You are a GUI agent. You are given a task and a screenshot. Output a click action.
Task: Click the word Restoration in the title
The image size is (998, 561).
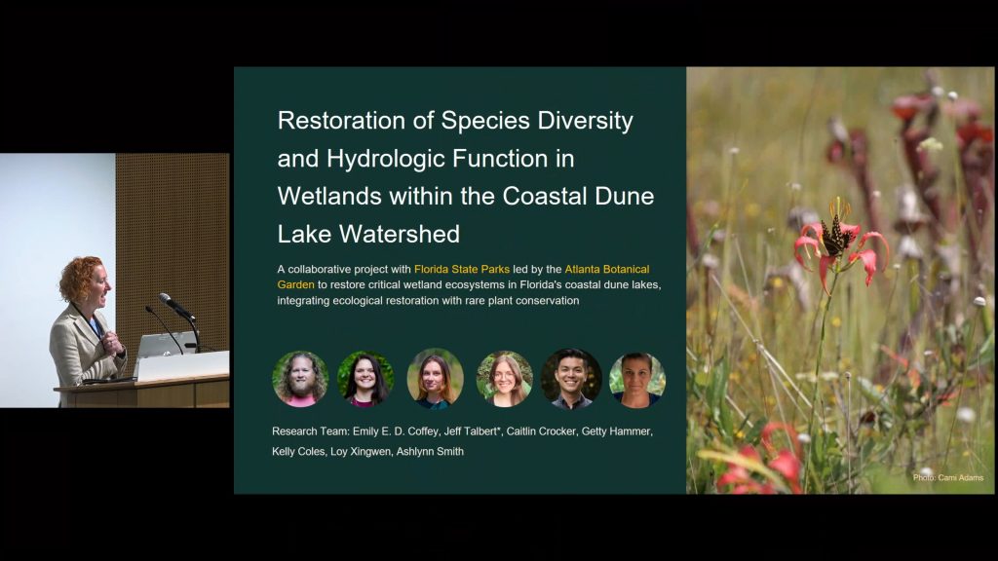pos(341,120)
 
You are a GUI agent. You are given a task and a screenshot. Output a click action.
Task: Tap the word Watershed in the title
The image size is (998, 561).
pos(399,234)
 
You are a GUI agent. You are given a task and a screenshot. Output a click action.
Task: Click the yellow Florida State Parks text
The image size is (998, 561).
pos(461,269)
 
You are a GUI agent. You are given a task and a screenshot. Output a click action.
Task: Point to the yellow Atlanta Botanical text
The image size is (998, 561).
pos(606,269)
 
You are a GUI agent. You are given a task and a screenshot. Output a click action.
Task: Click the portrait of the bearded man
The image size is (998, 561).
pos(300,379)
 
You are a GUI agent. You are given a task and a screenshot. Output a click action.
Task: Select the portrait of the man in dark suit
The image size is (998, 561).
pos(571,379)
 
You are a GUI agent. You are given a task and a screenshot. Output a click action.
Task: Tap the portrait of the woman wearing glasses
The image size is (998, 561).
pos(504,379)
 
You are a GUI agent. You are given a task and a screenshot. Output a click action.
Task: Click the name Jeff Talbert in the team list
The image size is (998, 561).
pos(471,431)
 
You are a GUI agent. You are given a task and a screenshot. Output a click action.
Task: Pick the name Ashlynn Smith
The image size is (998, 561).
pos(430,452)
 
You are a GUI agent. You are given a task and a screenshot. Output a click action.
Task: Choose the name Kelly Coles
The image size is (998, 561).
pos(298,452)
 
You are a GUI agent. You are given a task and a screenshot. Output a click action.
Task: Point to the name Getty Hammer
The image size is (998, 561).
pos(616,431)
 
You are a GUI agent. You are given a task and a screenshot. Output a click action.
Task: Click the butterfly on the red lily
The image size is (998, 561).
pos(834,237)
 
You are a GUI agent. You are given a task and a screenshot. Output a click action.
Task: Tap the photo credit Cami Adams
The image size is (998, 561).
pos(947,477)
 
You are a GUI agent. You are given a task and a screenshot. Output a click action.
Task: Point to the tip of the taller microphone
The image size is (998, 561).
pos(164,297)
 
